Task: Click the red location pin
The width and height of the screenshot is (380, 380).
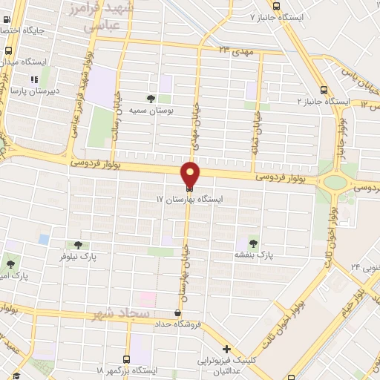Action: [191, 174]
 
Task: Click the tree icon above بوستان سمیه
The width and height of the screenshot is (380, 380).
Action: [151, 98]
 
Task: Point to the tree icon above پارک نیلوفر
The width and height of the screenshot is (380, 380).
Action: [79, 244]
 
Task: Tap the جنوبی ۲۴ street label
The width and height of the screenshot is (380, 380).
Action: [365, 266]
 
